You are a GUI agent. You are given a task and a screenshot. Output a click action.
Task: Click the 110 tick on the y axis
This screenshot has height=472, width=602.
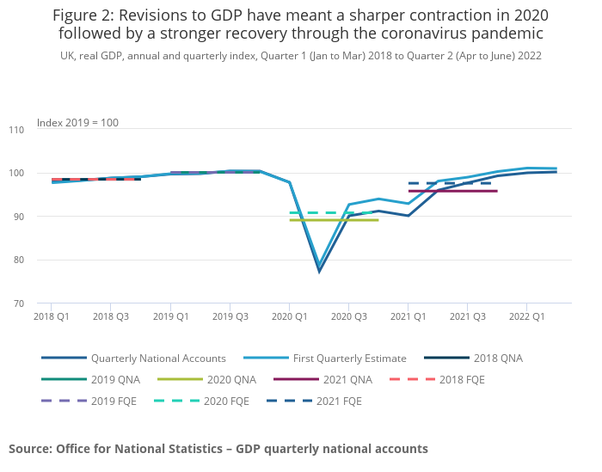pyautogui.click(x=16, y=130)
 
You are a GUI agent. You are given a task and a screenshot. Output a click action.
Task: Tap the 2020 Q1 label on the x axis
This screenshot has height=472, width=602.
pyautogui.click(x=289, y=316)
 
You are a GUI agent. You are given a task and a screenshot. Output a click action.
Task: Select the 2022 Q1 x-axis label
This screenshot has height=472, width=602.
pyautogui.click(x=526, y=316)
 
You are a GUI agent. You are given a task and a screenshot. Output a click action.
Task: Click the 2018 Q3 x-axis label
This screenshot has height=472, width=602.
pyautogui.click(x=110, y=316)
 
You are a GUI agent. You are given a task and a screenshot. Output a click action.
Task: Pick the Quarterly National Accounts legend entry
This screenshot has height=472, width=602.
pyautogui.click(x=158, y=358)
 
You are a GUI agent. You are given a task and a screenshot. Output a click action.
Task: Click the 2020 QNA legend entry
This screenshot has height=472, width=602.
pyautogui.click(x=231, y=379)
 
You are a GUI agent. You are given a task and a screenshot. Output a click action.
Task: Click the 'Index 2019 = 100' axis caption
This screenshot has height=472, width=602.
pyautogui.click(x=77, y=123)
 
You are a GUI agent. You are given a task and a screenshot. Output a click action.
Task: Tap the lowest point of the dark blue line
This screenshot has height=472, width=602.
pyautogui.click(x=319, y=272)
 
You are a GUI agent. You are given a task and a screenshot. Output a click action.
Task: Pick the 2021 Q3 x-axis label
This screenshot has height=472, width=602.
pyautogui.click(x=467, y=316)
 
